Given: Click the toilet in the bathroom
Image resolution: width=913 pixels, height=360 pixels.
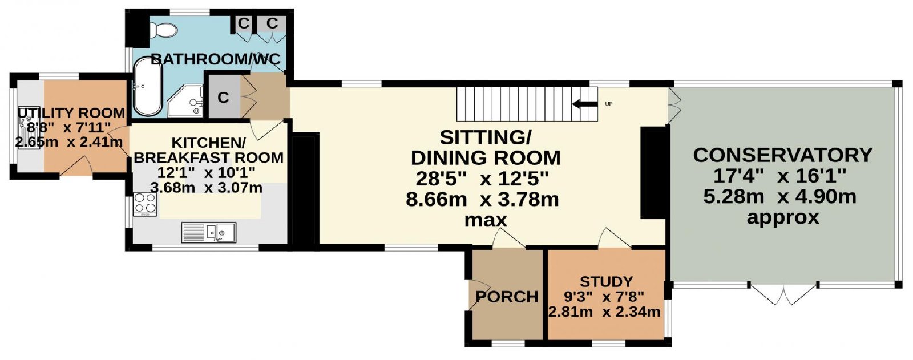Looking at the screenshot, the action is coord(163,29).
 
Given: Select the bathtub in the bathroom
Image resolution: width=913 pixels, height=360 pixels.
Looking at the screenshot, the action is coord(148,86).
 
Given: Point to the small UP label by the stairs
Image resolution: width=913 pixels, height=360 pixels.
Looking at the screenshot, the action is coord(608,104).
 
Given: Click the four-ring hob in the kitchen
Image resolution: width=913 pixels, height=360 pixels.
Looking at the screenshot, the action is coord(145,204).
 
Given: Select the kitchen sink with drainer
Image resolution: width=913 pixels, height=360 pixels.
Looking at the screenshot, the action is coord(209,232).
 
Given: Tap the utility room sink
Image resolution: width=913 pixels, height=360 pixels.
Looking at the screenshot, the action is coord(29,128).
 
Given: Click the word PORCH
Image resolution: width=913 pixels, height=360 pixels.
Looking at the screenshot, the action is coord(507,297).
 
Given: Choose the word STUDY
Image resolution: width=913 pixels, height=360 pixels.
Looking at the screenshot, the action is coord(606,282).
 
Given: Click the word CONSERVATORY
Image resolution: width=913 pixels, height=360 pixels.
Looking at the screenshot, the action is coord(782,155).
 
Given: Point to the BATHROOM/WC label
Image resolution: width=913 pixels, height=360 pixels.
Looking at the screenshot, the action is coord(216,59).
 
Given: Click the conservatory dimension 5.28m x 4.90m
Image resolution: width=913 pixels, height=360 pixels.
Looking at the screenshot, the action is coord(779,197).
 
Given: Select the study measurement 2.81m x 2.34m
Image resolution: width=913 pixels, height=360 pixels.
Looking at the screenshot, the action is coord(604,312).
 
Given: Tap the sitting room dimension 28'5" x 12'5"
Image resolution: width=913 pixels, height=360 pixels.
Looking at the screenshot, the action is coord(482,179).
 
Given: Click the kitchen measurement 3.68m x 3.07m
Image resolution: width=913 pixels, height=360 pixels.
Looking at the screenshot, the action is coord(206,188).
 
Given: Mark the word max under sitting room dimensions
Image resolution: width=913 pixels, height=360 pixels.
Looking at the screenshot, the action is coord(486,221).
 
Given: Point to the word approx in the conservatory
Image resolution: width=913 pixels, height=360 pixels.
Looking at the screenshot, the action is coord(782,218).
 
